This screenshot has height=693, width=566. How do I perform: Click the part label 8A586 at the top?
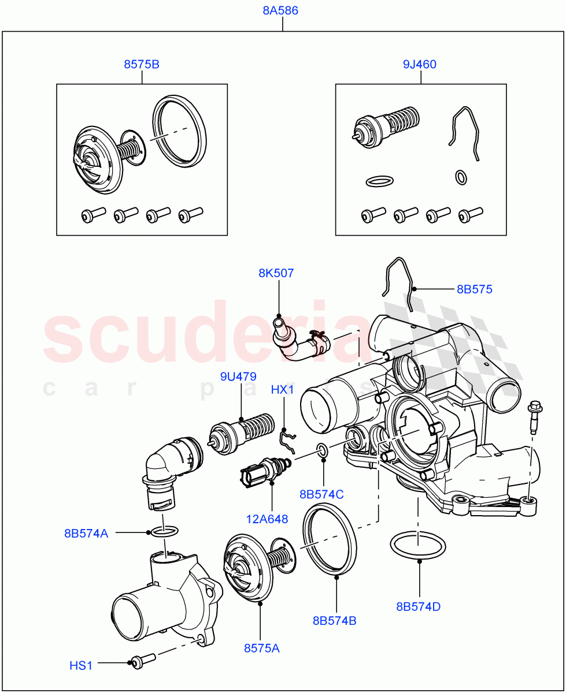pos(280,10)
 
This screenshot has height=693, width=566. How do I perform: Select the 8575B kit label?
pos(142,64)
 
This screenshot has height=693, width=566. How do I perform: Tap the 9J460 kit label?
pos(420,64)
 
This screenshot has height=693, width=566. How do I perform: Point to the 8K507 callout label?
pos(276,273)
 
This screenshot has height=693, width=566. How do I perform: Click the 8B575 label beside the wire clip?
pos(474,289)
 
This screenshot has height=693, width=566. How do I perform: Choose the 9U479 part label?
pos(238,377)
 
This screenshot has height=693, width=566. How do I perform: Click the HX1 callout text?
pos(283,390)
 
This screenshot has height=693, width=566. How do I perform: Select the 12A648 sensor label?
pos(267,519)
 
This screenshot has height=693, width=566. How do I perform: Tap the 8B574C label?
pos(321,494)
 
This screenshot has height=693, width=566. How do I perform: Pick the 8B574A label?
pos(86,533)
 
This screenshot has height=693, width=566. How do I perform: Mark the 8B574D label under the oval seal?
pos(419,606)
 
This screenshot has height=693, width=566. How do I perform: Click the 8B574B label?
pos(334,621)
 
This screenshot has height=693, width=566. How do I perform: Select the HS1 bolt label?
pos(81,666)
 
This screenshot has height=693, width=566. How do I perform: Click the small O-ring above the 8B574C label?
pos(323,450)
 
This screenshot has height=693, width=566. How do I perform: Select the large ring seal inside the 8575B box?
pos(179,131)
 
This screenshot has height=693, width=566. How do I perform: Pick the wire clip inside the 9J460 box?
pos(465,133)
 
